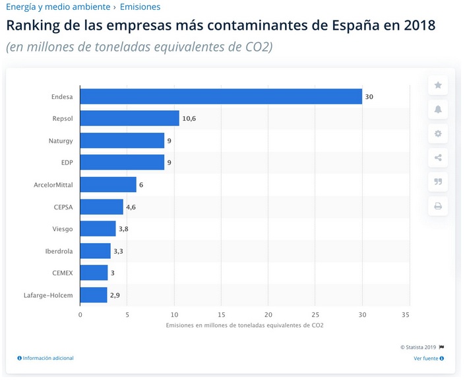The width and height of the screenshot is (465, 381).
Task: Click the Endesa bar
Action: [x=221, y=96]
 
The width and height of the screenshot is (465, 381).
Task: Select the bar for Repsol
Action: [x=129, y=118]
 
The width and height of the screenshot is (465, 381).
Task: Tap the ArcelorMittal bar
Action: [x=108, y=184]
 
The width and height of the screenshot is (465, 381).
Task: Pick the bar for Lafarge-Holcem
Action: [x=94, y=294]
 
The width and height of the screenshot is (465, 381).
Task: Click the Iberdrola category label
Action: [x=59, y=251]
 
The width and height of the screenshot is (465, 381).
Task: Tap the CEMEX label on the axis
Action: [x=63, y=273]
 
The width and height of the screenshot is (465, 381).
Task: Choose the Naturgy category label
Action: [x=61, y=141]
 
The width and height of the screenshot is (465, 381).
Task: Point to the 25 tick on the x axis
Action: [x=315, y=314]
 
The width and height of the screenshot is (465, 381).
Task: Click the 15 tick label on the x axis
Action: [x=222, y=314]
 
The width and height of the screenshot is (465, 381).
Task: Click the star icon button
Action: [x=437, y=85]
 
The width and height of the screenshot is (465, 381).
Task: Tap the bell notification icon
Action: [x=437, y=109]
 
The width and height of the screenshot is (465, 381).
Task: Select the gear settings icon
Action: [x=437, y=133]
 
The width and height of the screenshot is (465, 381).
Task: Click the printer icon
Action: [x=437, y=206]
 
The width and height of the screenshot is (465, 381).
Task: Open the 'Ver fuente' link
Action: [x=428, y=359]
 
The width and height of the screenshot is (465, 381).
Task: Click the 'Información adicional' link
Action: [x=46, y=358]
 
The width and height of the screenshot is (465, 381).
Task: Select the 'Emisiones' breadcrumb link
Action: [x=140, y=7]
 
